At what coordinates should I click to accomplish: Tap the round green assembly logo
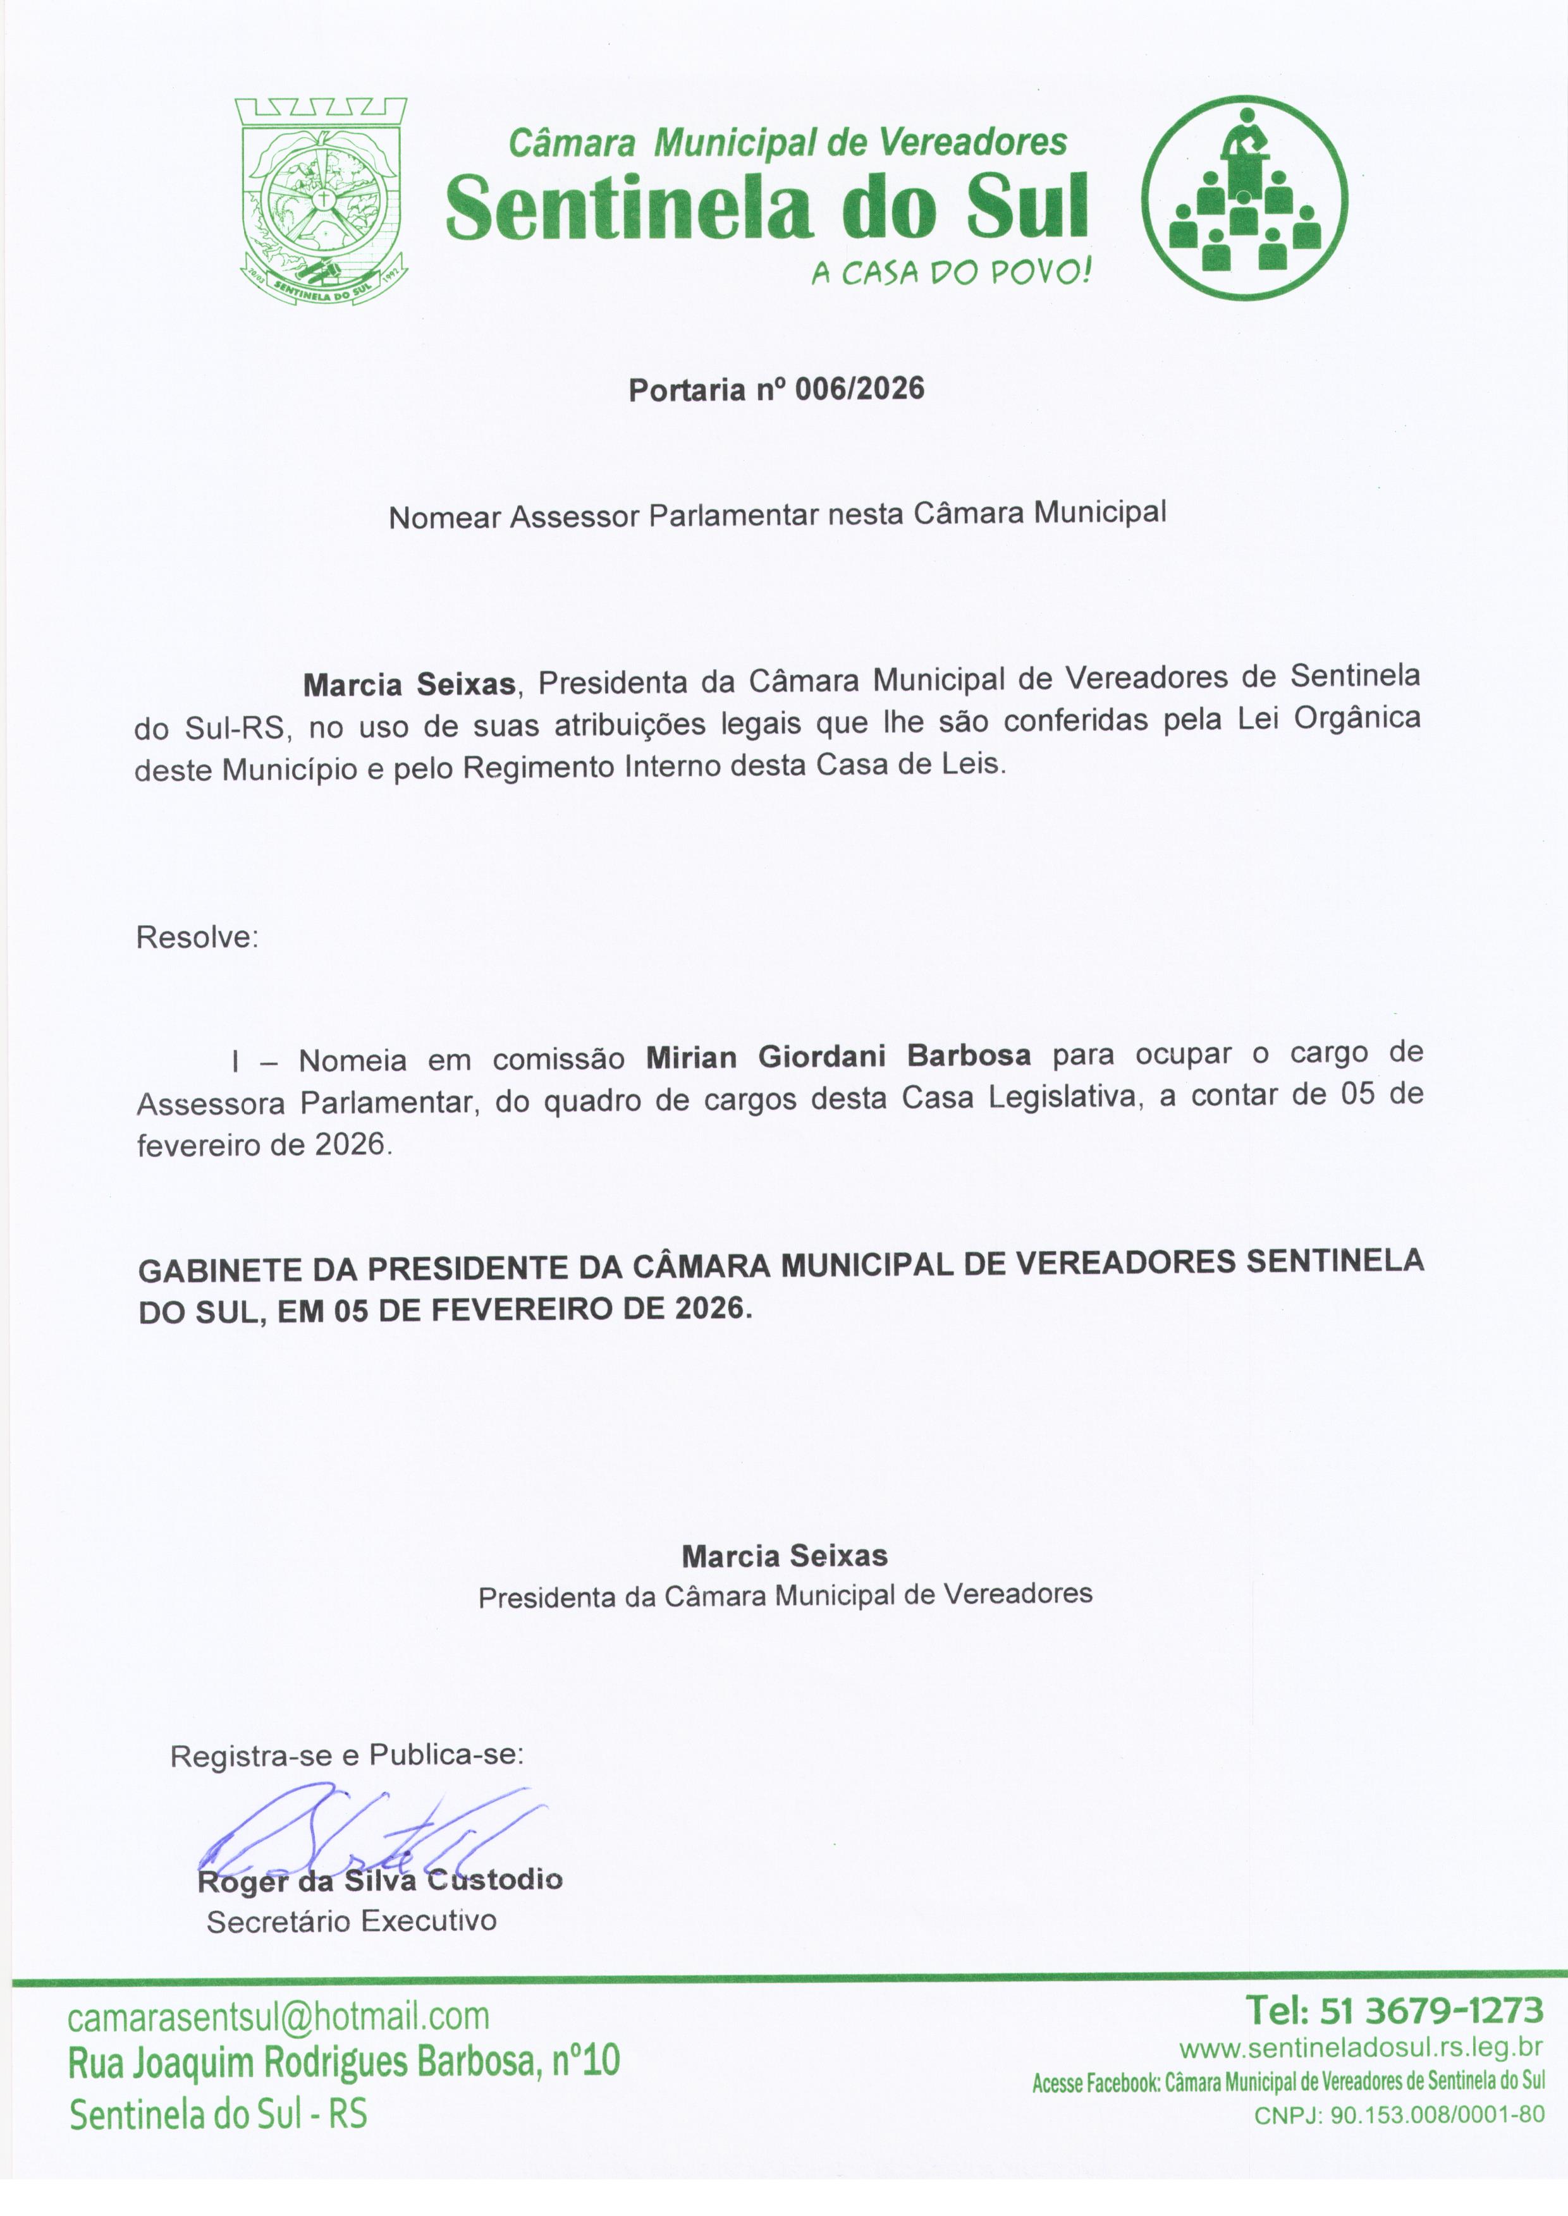[1244, 198]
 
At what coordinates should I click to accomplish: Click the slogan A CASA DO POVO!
[951, 273]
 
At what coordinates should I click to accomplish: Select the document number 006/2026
[859, 389]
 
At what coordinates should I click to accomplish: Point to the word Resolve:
[197, 937]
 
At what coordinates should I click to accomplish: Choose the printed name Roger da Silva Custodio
[379, 1880]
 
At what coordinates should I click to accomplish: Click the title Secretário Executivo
[352, 1921]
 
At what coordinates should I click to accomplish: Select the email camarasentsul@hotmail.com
[279, 2016]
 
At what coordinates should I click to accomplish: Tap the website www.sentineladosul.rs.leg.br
[1361, 2048]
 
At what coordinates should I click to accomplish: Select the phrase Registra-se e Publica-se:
[346, 1755]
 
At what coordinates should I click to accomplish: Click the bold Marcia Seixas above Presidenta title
[784, 1556]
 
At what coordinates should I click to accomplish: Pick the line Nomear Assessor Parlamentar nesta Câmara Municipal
[777, 514]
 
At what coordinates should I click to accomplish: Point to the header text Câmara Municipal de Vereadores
[787, 143]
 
